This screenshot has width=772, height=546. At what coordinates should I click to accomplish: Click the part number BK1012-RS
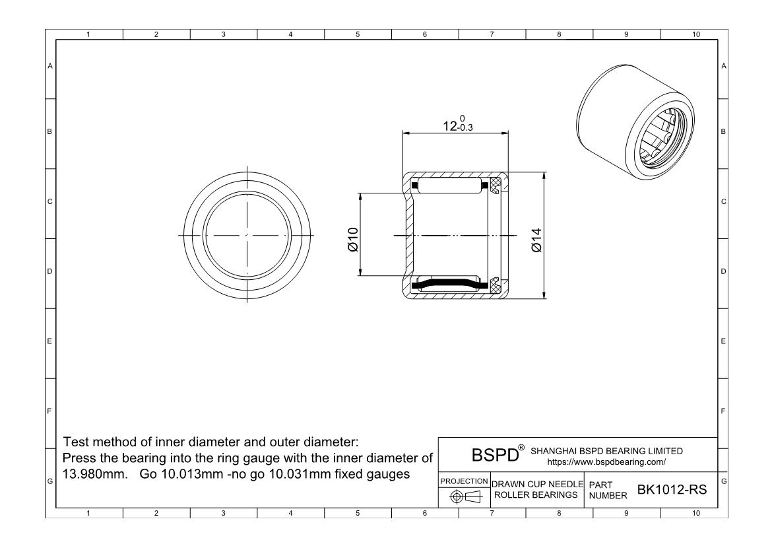(x=670, y=489)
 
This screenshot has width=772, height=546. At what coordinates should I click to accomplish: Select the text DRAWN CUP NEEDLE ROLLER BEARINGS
(x=537, y=490)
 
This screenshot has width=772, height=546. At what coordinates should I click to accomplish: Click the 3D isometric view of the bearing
(x=637, y=124)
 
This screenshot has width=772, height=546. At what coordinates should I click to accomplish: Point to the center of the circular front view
(x=246, y=235)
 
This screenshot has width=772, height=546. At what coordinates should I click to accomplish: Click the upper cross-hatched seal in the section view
(x=495, y=186)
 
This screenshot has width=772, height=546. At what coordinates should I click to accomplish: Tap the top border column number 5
(x=357, y=35)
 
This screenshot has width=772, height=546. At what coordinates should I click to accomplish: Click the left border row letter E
(x=49, y=341)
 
